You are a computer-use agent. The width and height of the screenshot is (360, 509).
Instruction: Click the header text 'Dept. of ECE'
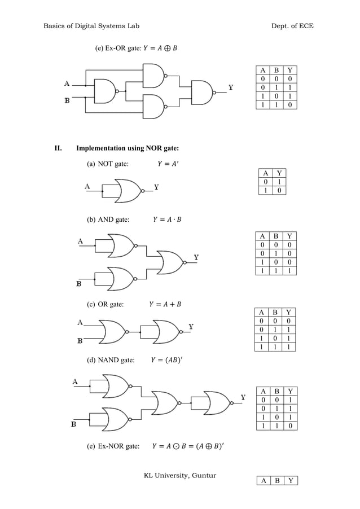pyautogui.click(x=291, y=26)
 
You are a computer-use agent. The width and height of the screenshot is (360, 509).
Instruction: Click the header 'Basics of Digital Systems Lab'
pyautogui.click(x=91, y=26)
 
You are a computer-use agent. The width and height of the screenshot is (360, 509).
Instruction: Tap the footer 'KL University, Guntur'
pyautogui.click(x=180, y=475)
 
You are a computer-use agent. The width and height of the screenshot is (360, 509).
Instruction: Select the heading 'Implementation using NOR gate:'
pyautogui.click(x=128, y=148)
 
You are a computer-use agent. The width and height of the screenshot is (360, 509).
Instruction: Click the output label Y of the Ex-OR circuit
pyautogui.click(x=231, y=87)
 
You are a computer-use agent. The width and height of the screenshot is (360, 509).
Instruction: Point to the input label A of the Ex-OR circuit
pyautogui.click(x=67, y=84)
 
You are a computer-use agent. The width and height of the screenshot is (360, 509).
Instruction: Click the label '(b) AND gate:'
pyautogui.click(x=108, y=220)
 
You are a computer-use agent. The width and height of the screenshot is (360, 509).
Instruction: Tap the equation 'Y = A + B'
pyautogui.click(x=165, y=305)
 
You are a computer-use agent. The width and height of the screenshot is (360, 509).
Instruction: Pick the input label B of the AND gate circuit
pyautogui.click(x=80, y=283)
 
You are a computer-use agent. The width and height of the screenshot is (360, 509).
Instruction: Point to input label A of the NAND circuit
pyautogui.click(x=75, y=381)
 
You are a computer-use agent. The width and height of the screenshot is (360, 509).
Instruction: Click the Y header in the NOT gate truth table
pyautogui.click(x=278, y=173)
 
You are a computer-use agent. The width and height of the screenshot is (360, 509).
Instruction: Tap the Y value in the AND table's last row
pyautogui.click(x=289, y=271)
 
